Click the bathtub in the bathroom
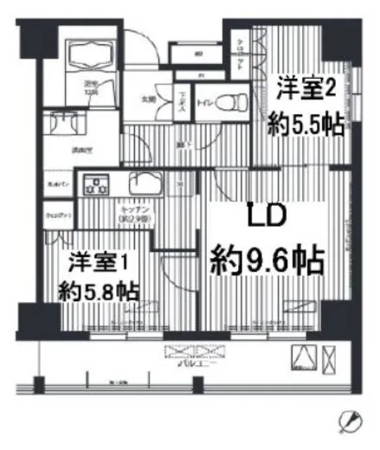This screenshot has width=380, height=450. coord(90,54)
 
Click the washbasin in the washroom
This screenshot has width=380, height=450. coord(61,123)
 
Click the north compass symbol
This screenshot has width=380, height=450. coord(351,421)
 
